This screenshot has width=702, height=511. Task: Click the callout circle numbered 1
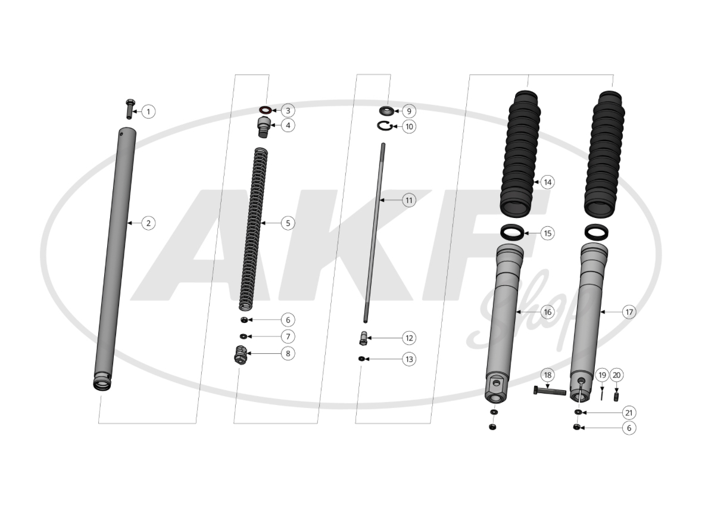coord(149,111)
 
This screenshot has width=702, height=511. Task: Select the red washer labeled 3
coord(265,110)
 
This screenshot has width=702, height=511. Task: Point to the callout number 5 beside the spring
coord(288,223)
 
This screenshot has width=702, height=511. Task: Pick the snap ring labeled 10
coord(385,126)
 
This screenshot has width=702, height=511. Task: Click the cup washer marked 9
coord(385,110)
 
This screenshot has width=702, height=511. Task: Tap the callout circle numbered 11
coord(408,200)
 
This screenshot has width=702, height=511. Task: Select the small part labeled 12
coord(363,338)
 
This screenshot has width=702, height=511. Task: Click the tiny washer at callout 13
coord(361,359)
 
